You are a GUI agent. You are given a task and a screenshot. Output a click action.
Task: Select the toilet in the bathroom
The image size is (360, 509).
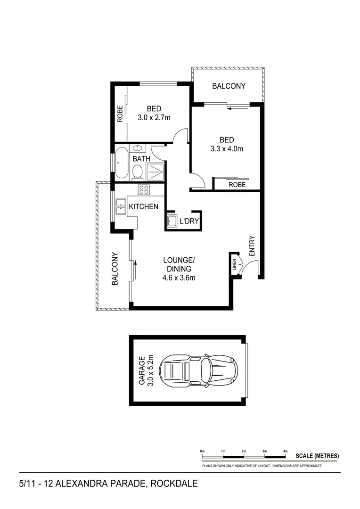point(138,172)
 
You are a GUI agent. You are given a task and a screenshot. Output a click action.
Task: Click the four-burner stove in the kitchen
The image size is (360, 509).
point(144,190)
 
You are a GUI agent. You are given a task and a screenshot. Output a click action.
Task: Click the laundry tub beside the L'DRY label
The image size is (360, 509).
point(171,221)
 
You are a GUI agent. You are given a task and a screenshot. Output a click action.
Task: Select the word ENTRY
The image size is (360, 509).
point(252,246)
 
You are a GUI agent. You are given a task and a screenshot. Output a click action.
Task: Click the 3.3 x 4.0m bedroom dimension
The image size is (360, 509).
point(227,149)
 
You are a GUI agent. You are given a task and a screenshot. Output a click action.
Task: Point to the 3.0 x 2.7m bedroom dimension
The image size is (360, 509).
point(154,118)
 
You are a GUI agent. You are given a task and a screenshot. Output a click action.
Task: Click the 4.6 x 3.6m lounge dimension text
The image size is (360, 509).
point(179,278)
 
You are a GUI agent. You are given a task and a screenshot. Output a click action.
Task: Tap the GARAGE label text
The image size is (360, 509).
point(141,370)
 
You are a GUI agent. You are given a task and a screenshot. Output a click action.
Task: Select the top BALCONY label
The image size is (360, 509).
point(229,86)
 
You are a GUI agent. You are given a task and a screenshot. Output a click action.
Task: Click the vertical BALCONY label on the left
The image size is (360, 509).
point(115,269)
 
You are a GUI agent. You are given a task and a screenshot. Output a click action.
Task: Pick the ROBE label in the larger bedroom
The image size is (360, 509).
point(237,185)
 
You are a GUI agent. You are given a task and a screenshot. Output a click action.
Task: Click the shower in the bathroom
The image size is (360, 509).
point(155,172)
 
